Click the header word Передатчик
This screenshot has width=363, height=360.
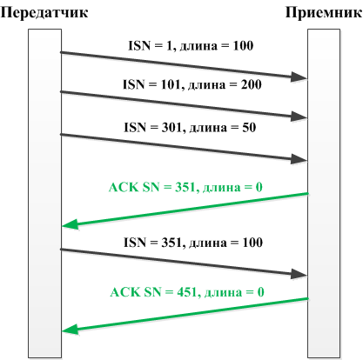pyautogui.click(x=44, y=13)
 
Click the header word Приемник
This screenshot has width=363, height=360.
pyautogui.click(x=324, y=13)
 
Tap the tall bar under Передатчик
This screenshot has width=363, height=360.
pyautogui.click(x=44, y=193)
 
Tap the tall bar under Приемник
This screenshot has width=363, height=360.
pyautogui.click(x=324, y=193)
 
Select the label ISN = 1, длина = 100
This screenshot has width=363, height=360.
pyautogui.click(x=191, y=46)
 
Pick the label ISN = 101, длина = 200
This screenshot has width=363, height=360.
pyautogui.click(x=192, y=84)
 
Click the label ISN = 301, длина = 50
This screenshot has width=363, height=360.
pyautogui.click(x=190, y=128)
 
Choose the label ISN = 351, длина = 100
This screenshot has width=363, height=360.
pyautogui.click(x=193, y=243)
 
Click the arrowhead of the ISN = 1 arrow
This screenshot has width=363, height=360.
pyautogui.click(x=299, y=77)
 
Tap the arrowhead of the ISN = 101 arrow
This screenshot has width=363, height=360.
pyautogui.click(x=299, y=117)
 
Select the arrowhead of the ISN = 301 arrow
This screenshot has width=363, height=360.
pyautogui.click(x=299, y=159)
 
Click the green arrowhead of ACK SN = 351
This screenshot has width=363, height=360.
pyautogui.click(x=71, y=224)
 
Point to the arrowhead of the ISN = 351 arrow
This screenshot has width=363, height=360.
pyautogui.click(x=299, y=274)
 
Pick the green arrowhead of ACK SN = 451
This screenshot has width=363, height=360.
pyautogui.click(x=71, y=330)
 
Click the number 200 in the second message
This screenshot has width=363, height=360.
pyautogui.click(x=252, y=84)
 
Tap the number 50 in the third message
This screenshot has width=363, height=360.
pyautogui.click(x=249, y=127)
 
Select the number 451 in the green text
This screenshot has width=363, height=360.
pyautogui.click(x=187, y=291)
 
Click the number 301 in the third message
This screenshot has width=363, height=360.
pyautogui.click(x=171, y=127)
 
